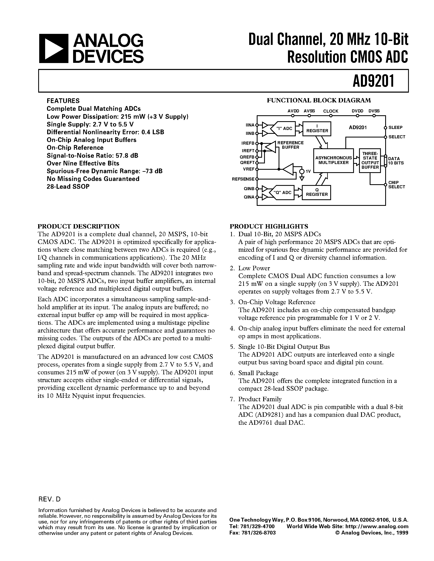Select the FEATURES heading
63,101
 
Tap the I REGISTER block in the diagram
317,129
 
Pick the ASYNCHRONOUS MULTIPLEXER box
333,160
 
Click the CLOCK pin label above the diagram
331,111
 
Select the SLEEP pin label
395,127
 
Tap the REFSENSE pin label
243,179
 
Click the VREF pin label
249,169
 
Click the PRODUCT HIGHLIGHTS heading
269,226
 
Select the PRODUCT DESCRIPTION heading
79,226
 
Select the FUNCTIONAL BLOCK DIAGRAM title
319,100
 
